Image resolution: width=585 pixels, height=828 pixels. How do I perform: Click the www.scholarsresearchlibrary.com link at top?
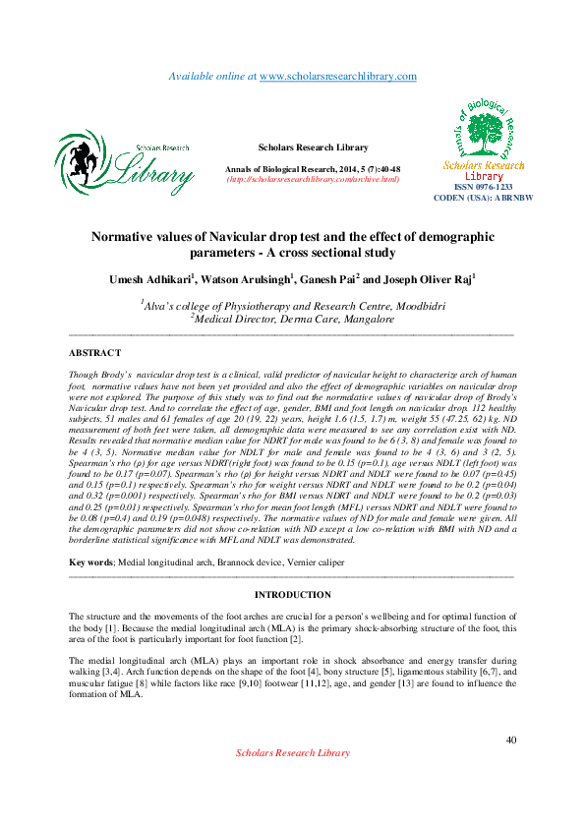click(338, 76)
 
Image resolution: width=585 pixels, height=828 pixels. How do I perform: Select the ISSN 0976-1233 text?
click(483, 187)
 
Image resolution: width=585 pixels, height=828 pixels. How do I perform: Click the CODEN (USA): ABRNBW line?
click(483, 198)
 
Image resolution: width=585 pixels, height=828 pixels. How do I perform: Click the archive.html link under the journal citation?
click(313, 179)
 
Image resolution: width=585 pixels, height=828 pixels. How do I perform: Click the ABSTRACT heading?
click(94, 352)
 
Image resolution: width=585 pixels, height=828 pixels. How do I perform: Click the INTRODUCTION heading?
click(292, 595)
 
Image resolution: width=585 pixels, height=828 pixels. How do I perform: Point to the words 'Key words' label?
click(90, 562)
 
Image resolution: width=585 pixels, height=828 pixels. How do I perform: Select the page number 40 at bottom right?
click(509, 739)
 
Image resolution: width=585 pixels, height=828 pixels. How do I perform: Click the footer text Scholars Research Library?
click(292, 752)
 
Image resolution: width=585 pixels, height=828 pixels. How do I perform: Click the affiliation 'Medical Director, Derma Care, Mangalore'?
click(293, 319)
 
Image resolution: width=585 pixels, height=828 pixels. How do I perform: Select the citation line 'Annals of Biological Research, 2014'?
click(313, 169)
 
